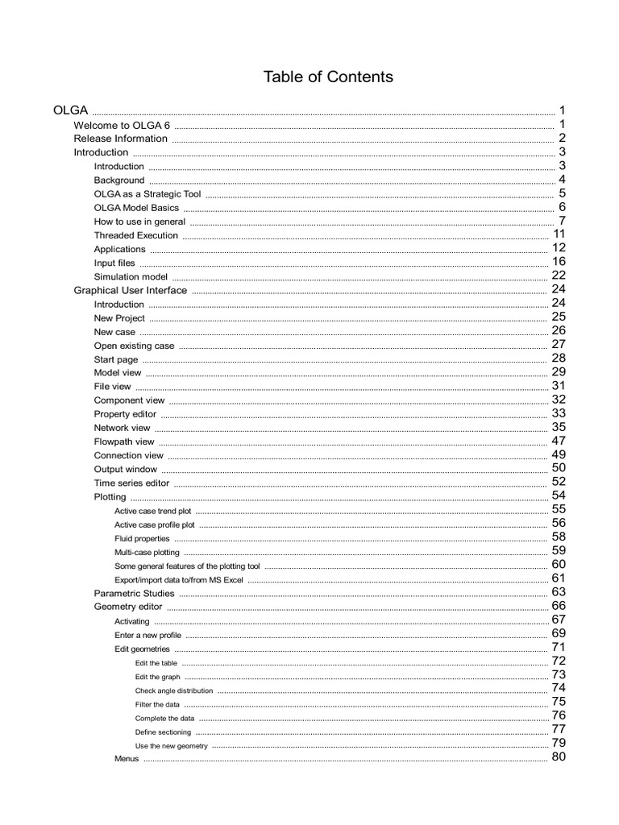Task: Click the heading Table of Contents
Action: [x=328, y=77]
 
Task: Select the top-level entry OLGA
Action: [x=70, y=110]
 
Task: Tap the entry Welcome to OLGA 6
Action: [x=122, y=125]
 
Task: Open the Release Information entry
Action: [x=120, y=139]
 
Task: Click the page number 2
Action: [x=561, y=138]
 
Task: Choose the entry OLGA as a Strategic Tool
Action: [x=147, y=194]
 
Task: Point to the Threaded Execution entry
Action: [x=135, y=235]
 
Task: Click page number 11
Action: [x=559, y=234]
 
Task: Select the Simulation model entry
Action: [x=131, y=276]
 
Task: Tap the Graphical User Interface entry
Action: [x=130, y=290]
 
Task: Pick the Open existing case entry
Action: [x=134, y=346]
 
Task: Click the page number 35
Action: [x=559, y=427]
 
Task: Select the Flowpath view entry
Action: [x=123, y=442]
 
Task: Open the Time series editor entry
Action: [x=131, y=483]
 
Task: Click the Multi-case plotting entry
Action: [x=147, y=552]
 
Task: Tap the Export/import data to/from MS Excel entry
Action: [x=178, y=579]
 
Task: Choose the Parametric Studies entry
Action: [x=134, y=593]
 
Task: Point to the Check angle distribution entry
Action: [x=174, y=690]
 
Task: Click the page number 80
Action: [x=559, y=757]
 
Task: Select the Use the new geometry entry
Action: [x=171, y=746]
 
